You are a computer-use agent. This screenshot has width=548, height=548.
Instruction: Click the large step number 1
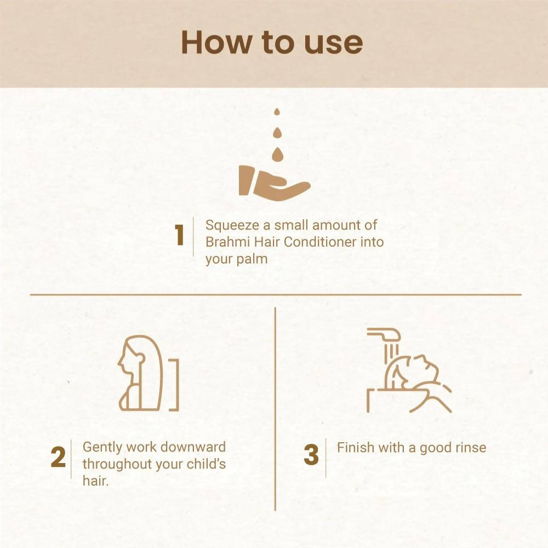tap(179, 235)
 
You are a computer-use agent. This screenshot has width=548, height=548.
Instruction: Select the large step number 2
tap(58, 457)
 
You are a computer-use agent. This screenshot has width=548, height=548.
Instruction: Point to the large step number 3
tap(311, 455)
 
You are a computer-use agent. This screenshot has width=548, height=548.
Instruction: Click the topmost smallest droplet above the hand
tap(277, 112)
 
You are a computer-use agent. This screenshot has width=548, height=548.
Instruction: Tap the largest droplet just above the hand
tap(277, 154)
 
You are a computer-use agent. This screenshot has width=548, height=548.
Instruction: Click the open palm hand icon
tap(275, 183)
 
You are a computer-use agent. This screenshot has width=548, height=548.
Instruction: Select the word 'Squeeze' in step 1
tap(232, 226)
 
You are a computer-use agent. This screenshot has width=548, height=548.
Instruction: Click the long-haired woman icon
tap(140, 373)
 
